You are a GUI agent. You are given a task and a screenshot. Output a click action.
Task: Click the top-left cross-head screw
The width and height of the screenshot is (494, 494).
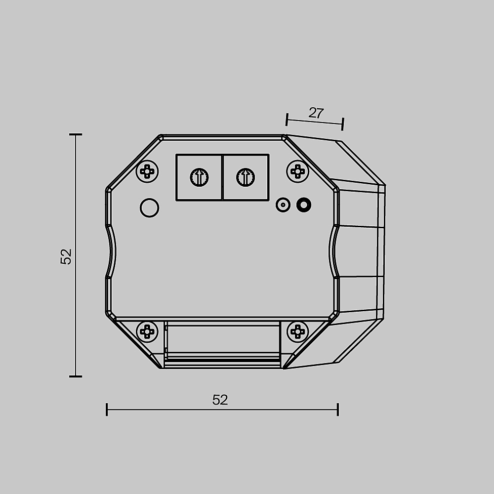pos(147,172)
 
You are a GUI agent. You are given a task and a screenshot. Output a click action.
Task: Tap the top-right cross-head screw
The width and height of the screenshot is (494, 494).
pos(298,172)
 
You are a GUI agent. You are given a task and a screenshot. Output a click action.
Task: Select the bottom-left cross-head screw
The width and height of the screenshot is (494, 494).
pos(147,331)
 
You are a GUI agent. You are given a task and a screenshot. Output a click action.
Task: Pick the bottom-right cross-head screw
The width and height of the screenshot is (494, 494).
pos(298,331)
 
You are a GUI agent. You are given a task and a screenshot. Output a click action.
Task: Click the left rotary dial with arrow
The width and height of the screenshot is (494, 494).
pos(199,177)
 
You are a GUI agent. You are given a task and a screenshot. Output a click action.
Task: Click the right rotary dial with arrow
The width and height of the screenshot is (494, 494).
pos(246,177)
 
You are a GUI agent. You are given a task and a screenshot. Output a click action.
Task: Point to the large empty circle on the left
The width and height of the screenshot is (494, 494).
pos(149,208)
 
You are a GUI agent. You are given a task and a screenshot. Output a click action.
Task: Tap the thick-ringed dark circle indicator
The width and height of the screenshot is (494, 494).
pos(304,205)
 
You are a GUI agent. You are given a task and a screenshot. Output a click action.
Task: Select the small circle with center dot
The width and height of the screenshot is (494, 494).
pos(283,205)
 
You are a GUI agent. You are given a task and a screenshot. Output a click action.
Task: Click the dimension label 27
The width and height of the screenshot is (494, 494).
pos(316,113)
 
